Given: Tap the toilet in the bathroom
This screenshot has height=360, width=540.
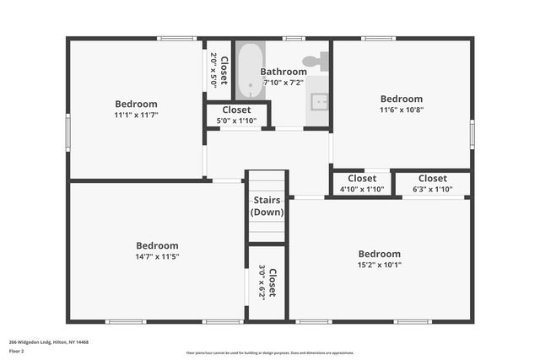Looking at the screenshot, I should (316, 60).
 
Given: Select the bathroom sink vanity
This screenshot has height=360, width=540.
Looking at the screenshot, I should (318, 101).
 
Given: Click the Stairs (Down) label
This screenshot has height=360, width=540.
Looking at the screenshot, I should (267, 206).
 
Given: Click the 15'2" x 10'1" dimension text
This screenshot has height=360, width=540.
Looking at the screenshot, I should (379, 265).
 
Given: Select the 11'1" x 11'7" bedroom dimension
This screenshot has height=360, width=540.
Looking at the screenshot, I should (136, 115).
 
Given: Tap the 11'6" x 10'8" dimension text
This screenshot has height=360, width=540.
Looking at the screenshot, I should (401, 109).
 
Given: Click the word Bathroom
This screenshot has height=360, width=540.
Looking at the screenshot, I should (283, 72).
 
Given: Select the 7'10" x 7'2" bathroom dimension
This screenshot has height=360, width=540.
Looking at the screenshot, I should (283, 83).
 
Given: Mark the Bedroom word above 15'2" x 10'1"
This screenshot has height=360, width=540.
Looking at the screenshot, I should (379, 254).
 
